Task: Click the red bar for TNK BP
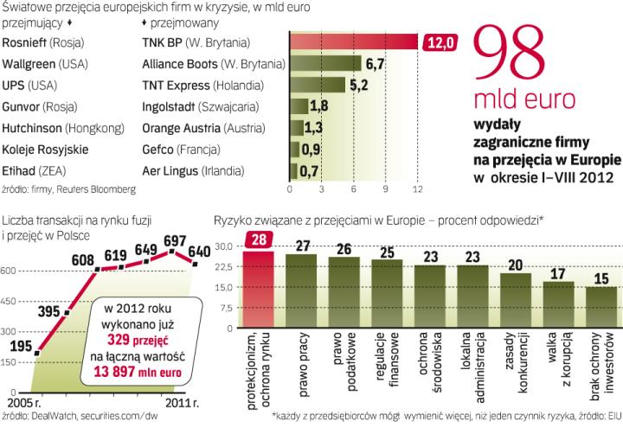click(353, 41)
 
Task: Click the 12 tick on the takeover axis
click(418, 188)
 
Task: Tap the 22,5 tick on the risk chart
click(223, 266)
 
